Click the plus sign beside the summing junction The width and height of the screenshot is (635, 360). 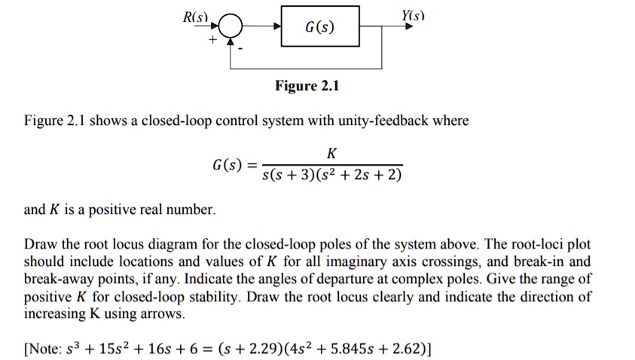(x=213, y=40)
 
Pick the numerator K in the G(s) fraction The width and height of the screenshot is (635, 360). (x=331, y=154)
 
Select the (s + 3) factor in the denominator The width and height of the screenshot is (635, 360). (x=296, y=175)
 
